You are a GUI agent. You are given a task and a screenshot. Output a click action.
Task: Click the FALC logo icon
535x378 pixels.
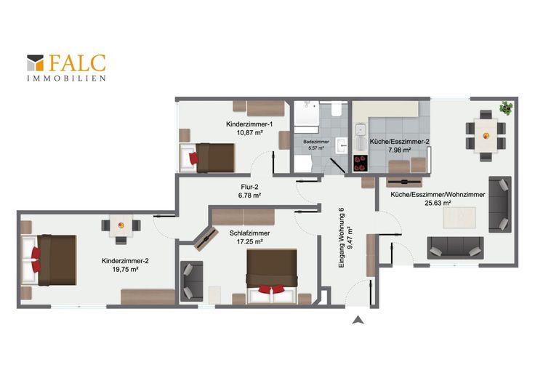pyautogui.click(x=35, y=63)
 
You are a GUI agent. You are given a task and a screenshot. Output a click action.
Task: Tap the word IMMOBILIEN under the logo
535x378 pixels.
pyautogui.click(x=67, y=79)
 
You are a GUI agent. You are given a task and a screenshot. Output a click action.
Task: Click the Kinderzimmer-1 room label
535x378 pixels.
pyautogui.click(x=249, y=124)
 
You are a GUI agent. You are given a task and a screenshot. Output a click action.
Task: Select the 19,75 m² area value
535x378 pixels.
pyautogui.click(x=125, y=270)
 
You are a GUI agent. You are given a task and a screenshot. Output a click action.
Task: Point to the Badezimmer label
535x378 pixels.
pyautogui.click(x=316, y=142)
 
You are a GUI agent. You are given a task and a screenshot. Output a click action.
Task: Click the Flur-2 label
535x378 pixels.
pyautogui.click(x=249, y=187)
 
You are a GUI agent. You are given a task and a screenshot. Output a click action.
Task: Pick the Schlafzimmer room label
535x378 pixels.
pyautogui.click(x=249, y=233)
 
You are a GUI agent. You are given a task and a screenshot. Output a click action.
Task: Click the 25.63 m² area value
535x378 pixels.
pyautogui.click(x=438, y=203)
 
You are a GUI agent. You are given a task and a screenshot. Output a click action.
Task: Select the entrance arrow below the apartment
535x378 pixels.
pyautogui.click(x=358, y=320)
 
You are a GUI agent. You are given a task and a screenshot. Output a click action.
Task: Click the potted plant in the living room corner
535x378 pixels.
pyautogui.click(x=506, y=108)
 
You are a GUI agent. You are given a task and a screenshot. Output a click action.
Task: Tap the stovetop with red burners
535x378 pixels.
pyautogui.click(x=361, y=163)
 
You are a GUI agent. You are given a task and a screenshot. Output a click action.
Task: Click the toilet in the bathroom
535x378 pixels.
pyautogui.click(x=336, y=109)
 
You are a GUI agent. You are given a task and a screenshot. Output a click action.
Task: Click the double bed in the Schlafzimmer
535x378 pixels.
pyautogui.click(x=272, y=276)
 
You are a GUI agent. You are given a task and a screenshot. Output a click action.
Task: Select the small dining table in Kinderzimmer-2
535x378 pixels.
pyautogui.click(x=121, y=225)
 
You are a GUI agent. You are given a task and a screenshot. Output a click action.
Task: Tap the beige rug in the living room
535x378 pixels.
pyautogui.click(x=459, y=217)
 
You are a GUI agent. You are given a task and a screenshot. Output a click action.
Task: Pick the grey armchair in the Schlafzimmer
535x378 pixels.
pyautogui.click(x=191, y=281)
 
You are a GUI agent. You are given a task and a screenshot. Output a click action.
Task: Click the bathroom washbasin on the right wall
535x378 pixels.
pyautogui.click(x=342, y=145)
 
